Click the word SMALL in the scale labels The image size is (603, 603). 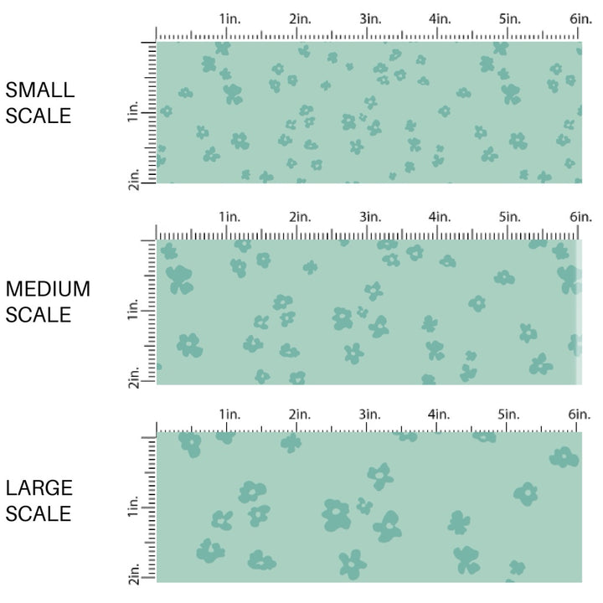pos(39,90)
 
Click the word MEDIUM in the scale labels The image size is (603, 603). pos(48,290)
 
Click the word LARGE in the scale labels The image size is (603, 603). pos(39,488)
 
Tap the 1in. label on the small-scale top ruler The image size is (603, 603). pos(229,18)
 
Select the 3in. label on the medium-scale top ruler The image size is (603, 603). pos(369,217)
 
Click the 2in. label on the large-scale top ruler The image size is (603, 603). pos(299,415)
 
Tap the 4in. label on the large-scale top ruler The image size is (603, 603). pos(440,415)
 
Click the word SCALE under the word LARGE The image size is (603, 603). pos(39,513)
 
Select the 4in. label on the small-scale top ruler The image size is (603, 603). pos(440,18)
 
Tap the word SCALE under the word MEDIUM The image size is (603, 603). pos(39,315)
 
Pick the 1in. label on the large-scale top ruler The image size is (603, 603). pos(229,415)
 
